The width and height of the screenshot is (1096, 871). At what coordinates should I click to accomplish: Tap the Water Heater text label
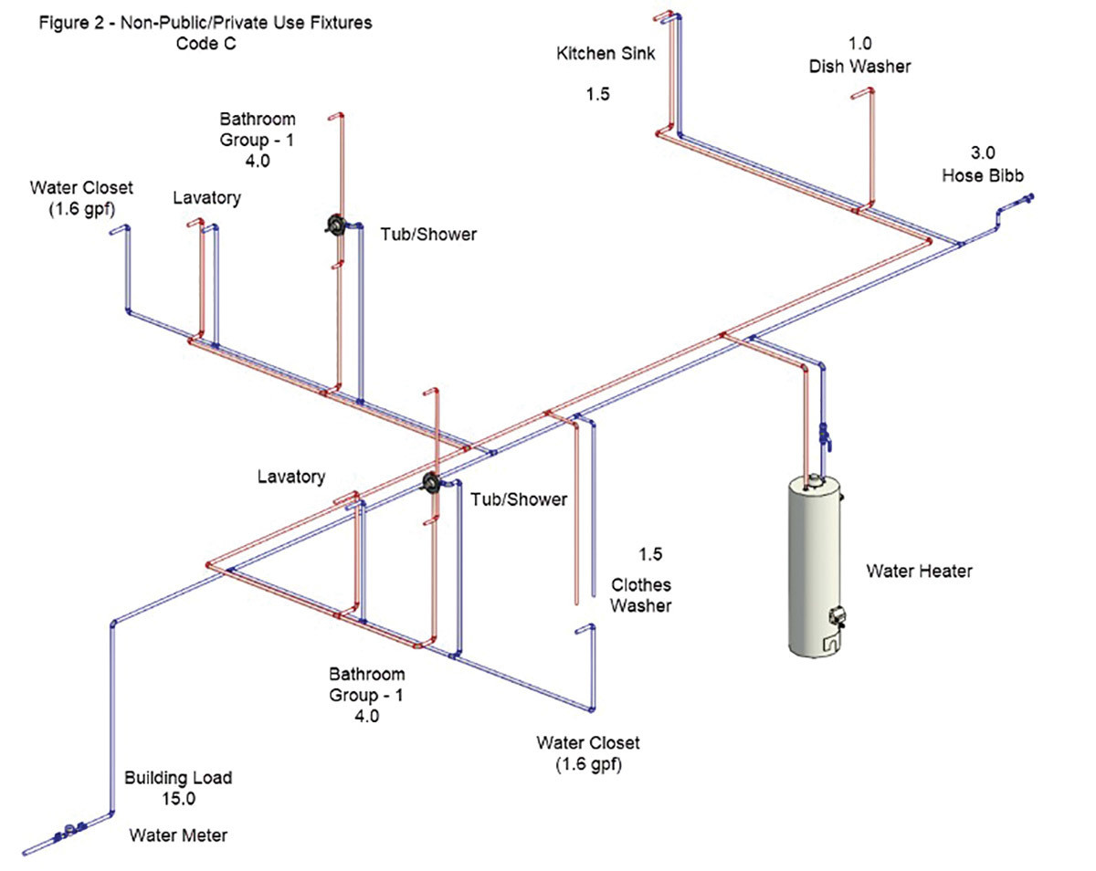click(919, 572)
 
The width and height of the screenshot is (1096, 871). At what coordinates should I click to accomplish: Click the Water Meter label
click(177, 834)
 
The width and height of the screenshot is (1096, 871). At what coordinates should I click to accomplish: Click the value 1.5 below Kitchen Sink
click(597, 93)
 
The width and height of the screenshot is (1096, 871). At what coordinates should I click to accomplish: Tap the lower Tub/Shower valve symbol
click(431, 483)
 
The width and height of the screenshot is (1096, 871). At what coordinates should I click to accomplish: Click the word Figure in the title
click(62, 23)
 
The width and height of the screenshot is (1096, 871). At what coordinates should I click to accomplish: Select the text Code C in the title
click(205, 44)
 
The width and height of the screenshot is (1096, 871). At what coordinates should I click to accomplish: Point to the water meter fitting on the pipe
click(68, 833)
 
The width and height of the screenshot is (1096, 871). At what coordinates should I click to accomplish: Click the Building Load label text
click(178, 778)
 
